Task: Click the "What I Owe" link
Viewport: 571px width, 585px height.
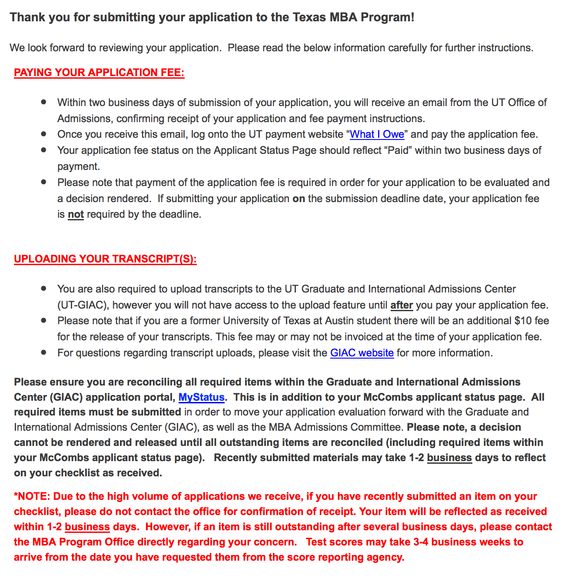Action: pyautogui.click(x=377, y=134)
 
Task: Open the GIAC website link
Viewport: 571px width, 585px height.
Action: pyautogui.click(x=362, y=353)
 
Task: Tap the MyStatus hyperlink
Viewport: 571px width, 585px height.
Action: pyautogui.click(x=202, y=397)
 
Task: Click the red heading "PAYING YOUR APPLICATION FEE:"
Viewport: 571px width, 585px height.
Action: pyautogui.click(x=99, y=73)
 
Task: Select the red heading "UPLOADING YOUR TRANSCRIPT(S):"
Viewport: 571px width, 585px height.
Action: pyautogui.click(x=105, y=259)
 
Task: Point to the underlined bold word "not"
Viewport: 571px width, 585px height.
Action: pyautogui.click(x=76, y=214)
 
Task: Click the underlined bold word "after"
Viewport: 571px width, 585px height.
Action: pyautogui.click(x=402, y=305)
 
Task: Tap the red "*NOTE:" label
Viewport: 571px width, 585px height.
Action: pyautogui.click(x=32, y=496)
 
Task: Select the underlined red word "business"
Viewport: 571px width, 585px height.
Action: pyautogui.click(x=87, y=527)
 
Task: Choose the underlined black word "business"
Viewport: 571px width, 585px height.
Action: pyautogui.click(x=449, y=458)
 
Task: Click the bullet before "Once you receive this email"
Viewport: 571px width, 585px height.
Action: pyautogui.click(x=43, y=134)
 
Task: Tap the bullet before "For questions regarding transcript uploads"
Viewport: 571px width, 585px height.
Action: pyautogui.click(x=43, y=352)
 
